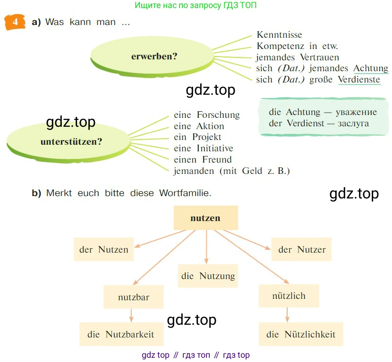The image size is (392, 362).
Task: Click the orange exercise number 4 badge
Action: tap(15, 22)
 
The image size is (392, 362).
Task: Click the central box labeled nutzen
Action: tap(205, 218)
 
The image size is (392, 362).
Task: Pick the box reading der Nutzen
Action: tap(104, 249)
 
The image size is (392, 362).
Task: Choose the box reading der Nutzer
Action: tap(302, 249)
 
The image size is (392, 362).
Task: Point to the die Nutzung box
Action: tap(208, 276)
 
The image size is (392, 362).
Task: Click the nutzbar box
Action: tap(134, 297)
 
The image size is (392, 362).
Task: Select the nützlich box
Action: tap(289, 296)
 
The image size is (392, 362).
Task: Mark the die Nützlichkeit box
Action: tap(301, 334)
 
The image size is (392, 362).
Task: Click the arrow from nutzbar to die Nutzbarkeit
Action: tap(132, 315)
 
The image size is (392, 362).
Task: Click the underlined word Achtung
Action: tap(371, 68)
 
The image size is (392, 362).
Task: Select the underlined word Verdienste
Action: tap(359, 80)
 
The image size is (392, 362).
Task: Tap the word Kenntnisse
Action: tap(279, 34)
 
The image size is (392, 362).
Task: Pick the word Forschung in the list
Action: tap(218, 115)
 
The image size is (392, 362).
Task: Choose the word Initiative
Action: tap(214, 148)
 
